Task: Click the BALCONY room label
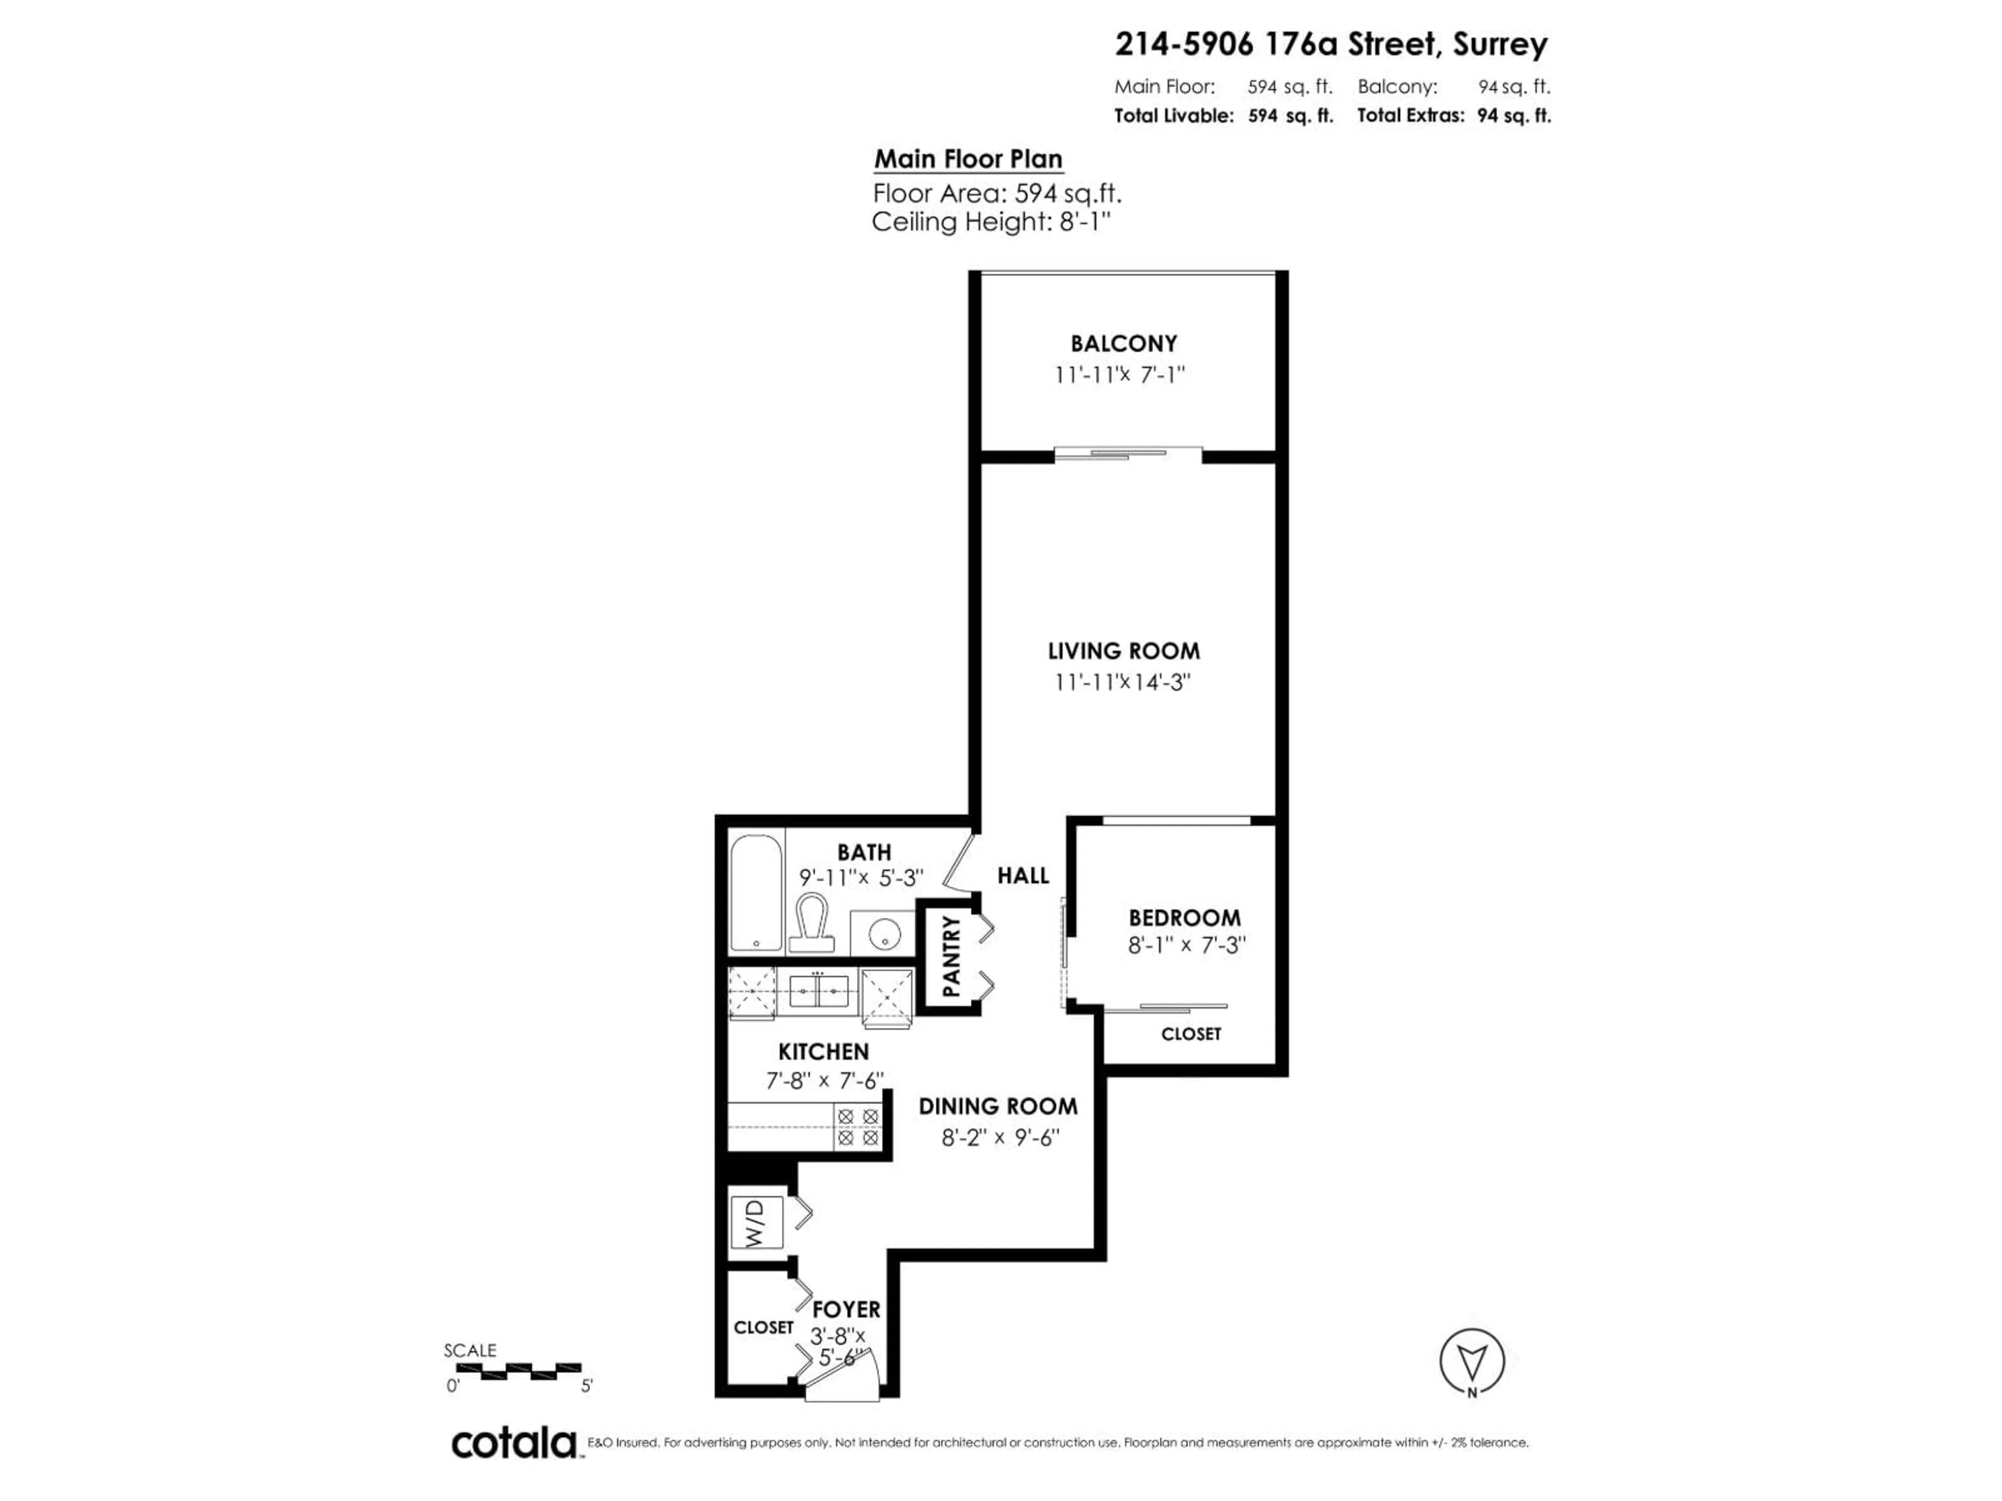[x=1123, y=344]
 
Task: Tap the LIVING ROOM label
[x=1123, y=651]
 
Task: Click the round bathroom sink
[x=883, y=932]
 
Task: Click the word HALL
[x=1023, y=876]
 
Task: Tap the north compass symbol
[x=1472, y=1362]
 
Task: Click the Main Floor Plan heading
[x=968, y=159]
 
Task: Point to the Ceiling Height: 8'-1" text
[x=990, y=222]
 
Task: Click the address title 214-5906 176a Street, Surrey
[x=1330, y=44]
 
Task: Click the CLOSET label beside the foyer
[x=763, y=1327]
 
